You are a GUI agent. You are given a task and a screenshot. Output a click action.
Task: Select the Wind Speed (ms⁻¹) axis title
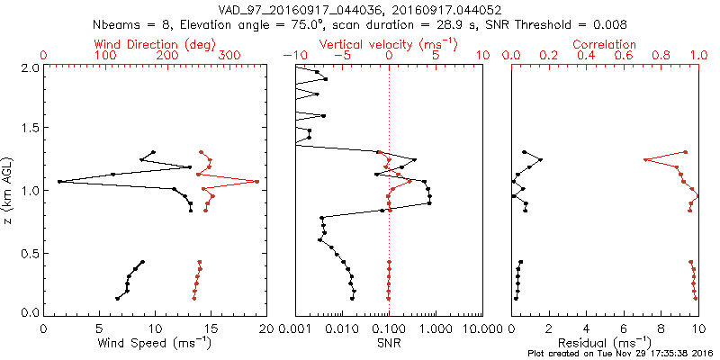tap(155, 343)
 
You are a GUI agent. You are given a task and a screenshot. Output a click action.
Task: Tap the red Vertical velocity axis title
tap(389, 44)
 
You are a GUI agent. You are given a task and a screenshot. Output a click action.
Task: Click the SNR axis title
tap(389, 343)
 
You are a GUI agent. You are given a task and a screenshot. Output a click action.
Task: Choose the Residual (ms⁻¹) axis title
tap(605, 343)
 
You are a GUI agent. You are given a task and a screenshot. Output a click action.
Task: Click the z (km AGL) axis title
tap(10, 189)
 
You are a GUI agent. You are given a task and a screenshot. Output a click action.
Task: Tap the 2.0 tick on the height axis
tap(29, 67)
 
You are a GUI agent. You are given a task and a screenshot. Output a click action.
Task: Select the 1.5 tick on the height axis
tap(29, 129)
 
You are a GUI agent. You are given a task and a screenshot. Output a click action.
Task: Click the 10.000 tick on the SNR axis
tap(482, 330)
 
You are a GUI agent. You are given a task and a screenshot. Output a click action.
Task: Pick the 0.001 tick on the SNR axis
tap(295, 330)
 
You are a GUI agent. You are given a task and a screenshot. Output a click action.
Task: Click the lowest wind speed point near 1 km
tap(59, 182)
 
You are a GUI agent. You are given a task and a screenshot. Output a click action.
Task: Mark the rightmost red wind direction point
tap(256, 182)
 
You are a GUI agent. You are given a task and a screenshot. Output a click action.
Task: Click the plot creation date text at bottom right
tap(622, 354)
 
